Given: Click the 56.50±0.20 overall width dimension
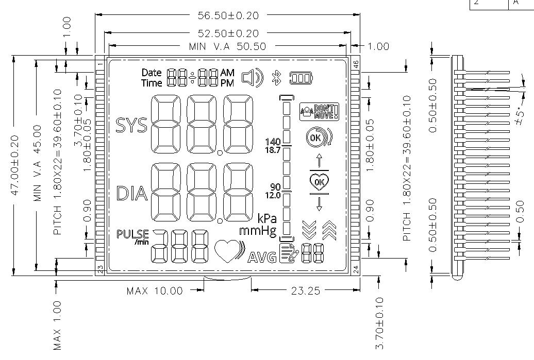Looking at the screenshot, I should [x=228, y=15].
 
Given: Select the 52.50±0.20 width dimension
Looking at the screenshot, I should [x=228, y=33].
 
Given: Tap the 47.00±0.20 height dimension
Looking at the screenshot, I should [x=15, y=165].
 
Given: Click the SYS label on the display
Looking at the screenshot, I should [x=131, y=125].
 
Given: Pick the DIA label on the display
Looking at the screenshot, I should [x=132, y=194].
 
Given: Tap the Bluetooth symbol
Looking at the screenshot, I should [x=276, y=78].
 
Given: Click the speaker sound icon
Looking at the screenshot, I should [x=252, y=78].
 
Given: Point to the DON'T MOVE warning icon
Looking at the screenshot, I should [x=320, y=111].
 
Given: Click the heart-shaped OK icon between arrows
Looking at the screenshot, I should [x=319, y=181].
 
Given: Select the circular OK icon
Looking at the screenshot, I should [x=315, y=138].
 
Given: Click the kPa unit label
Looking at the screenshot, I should [x=266, y=219].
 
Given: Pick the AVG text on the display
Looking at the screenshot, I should [x=262, y=257].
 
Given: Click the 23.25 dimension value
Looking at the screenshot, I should [x=305, y=291].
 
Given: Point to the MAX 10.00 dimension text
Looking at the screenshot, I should [x=154, y=291].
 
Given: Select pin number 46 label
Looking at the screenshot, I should [x=355, y=64].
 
